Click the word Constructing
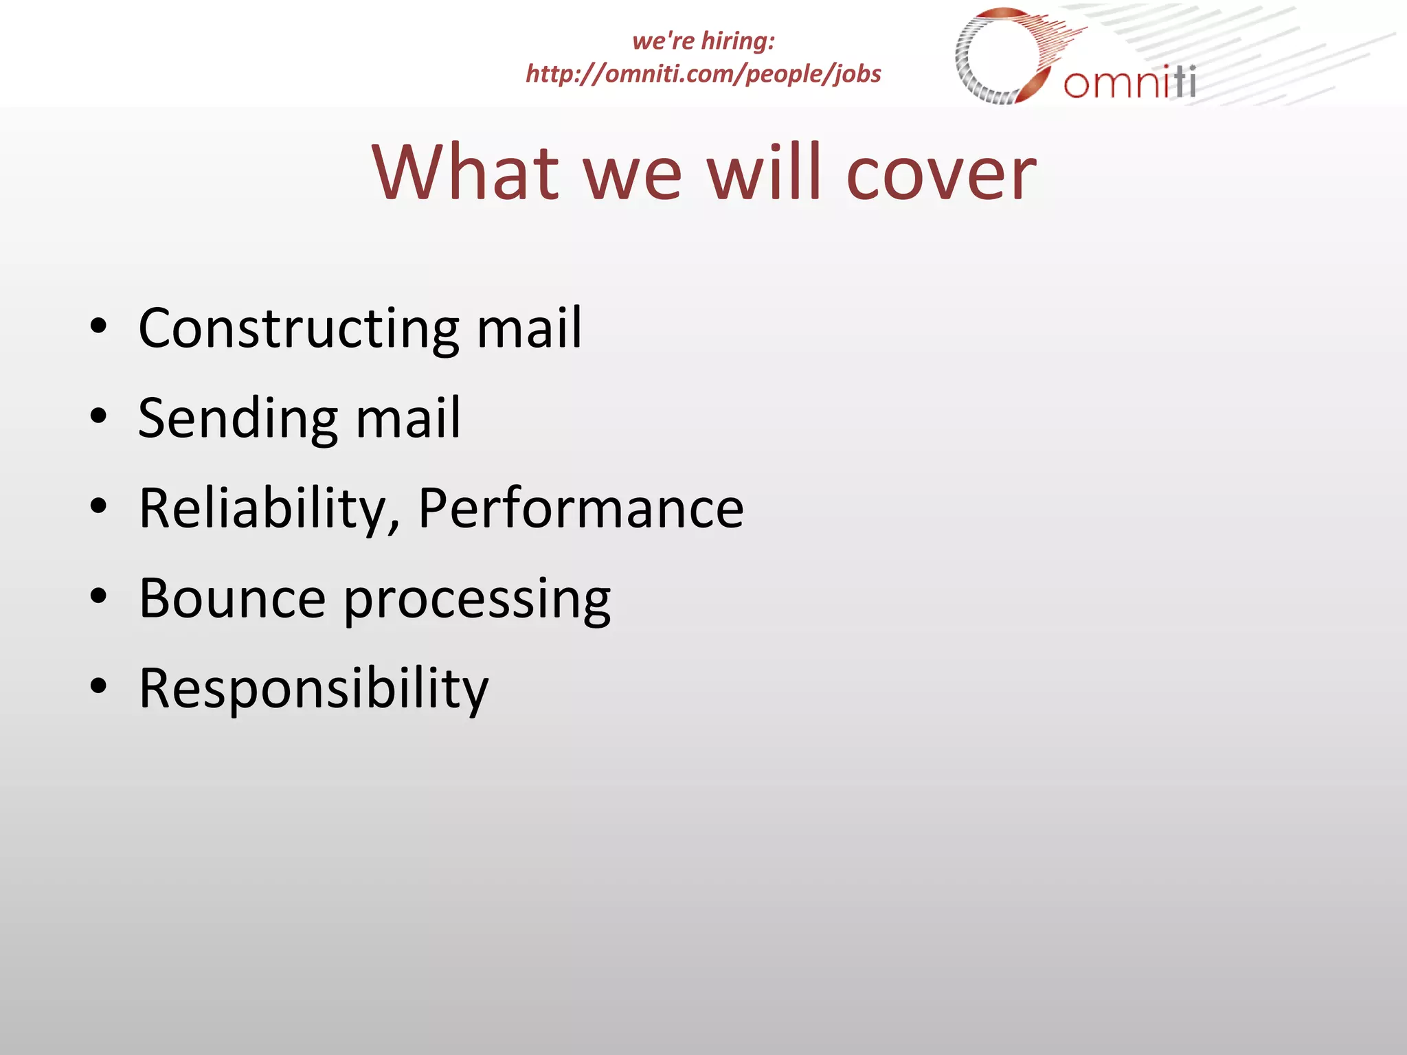298,329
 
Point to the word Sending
237,419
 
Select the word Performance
581,508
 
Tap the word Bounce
232,598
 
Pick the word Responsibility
313,689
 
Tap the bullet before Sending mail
99,417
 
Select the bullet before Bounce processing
99,597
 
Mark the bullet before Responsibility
99,686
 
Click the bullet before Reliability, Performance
99,507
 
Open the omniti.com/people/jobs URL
703,73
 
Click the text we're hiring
703,41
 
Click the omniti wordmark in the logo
1129,82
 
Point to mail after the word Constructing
529,329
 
